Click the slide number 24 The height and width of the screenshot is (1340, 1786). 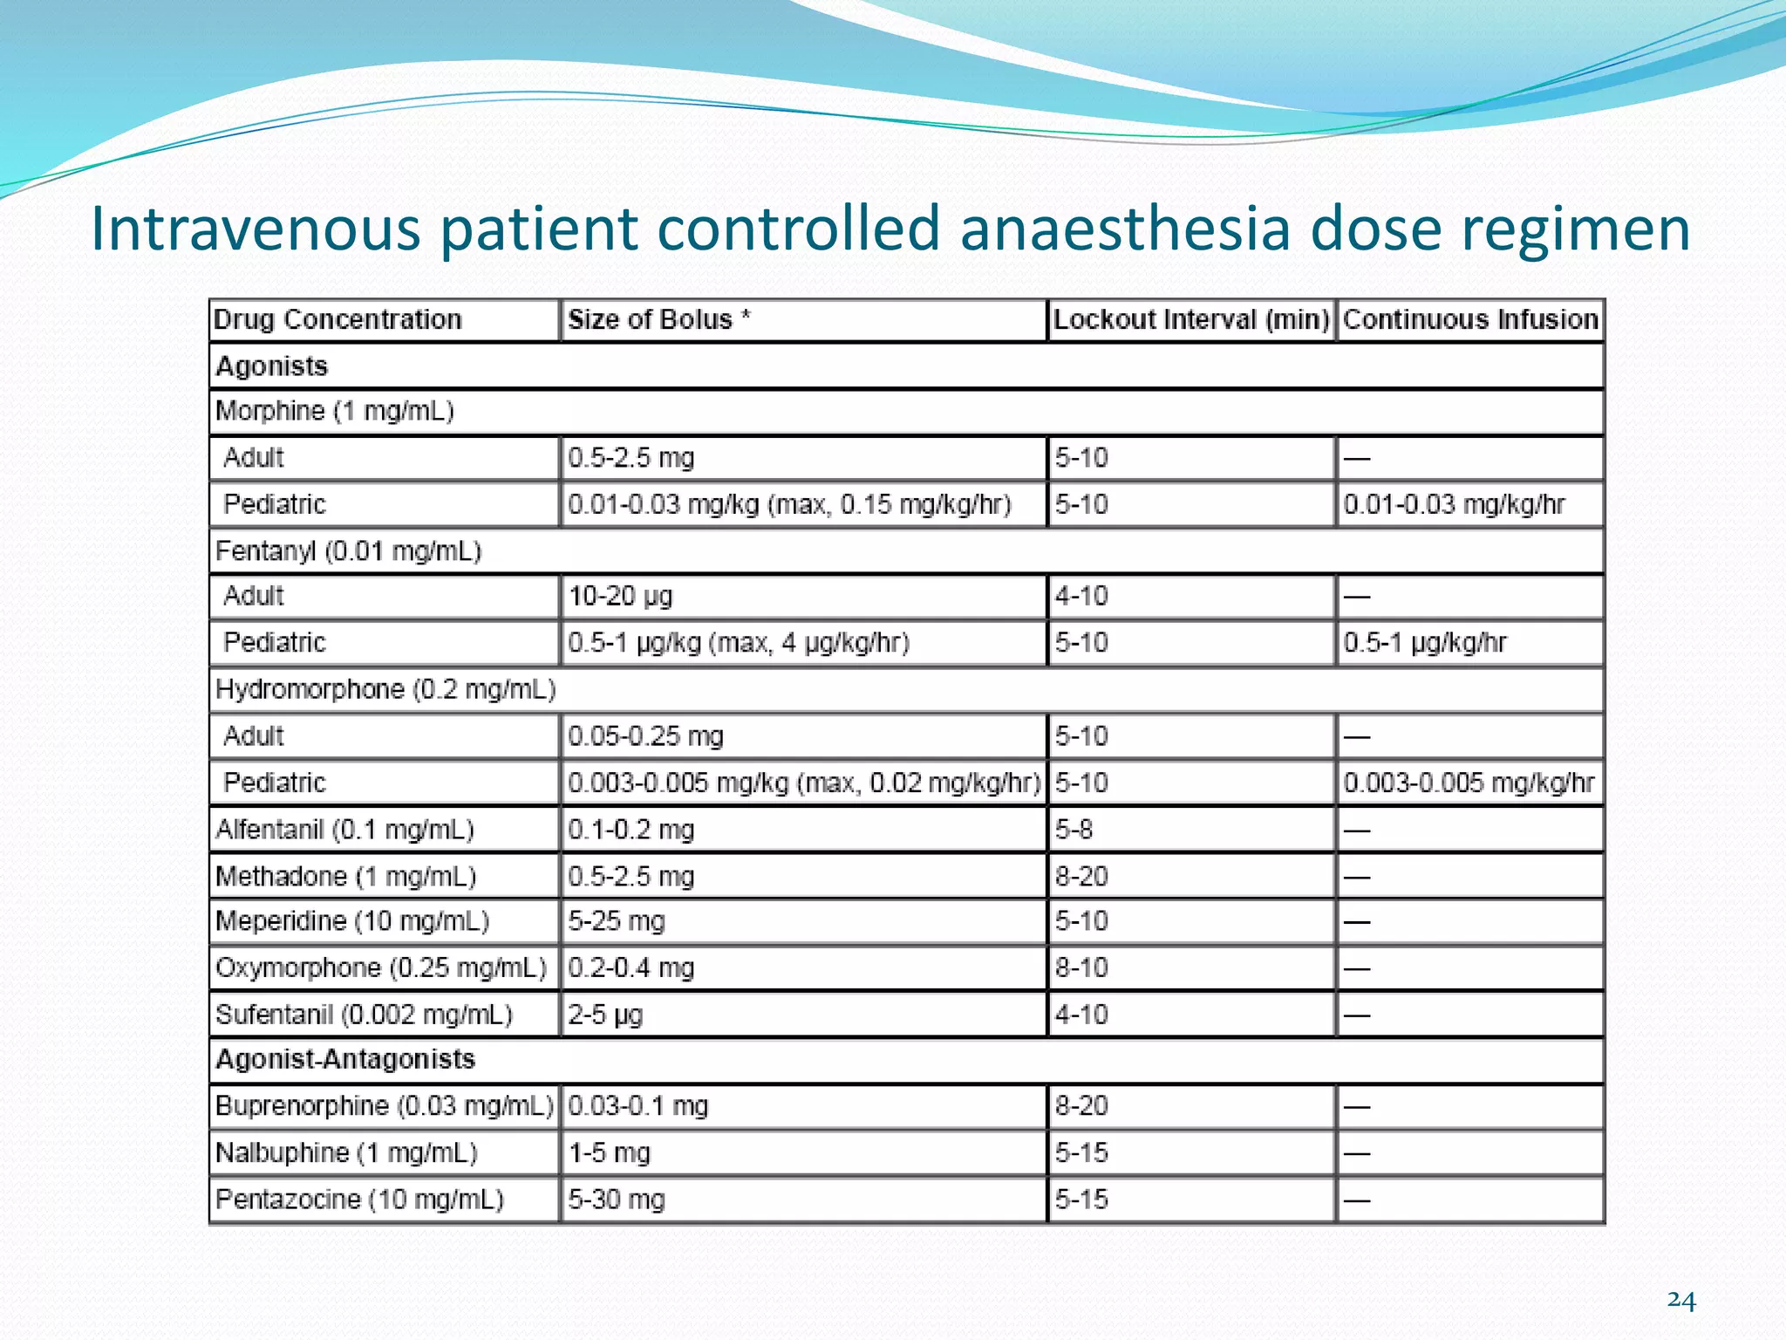click(x=1680, y=1301)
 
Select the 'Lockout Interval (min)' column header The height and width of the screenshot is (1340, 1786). click(x=1190, y=319)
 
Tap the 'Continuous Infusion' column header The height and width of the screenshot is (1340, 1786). click(x=1469, y=319)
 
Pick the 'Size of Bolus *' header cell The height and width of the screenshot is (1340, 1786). click(x=659, y=319)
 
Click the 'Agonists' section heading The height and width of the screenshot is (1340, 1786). click(x=271, y=366)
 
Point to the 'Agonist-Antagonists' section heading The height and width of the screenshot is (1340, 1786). click(x=345, y=1059)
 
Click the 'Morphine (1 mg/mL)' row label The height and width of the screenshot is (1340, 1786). click(x=335, y=411)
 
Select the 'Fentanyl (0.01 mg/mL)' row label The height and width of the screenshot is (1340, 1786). click(x=348, y=551)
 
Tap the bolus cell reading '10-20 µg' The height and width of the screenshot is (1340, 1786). click(x=621, y=597)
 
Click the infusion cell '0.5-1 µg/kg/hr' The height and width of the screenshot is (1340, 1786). click(x=1425, y=643)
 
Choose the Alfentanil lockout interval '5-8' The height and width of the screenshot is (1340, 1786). click(x=1074, y=829)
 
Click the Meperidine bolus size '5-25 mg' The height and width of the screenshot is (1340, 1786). click(x=617, y=921)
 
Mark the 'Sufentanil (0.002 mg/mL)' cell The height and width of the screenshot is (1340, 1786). click(x=364, y=1015)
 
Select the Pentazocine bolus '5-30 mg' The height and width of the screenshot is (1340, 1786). click(x=617, y=1200)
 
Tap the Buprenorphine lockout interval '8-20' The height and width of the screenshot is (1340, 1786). click(x=1081, y=1106)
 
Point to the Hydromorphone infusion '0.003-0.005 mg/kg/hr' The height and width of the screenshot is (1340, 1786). click(x=1469, y=783)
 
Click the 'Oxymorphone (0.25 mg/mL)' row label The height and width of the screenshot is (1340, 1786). click(x=381, y=968)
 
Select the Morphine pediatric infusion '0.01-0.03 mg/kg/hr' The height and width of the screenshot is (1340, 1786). click(x=1454, y=504)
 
